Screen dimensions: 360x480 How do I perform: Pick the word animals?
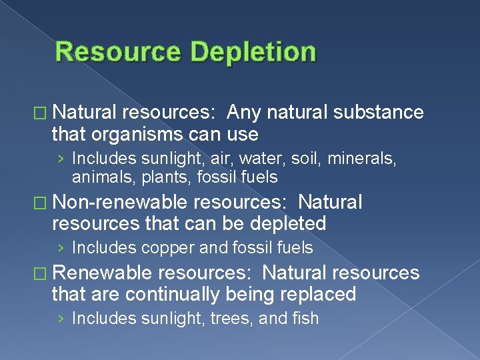click(x=98, y=177)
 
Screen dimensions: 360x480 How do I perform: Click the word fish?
click(x=304, y=319)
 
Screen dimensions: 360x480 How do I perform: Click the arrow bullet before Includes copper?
click(x=61, y=248)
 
